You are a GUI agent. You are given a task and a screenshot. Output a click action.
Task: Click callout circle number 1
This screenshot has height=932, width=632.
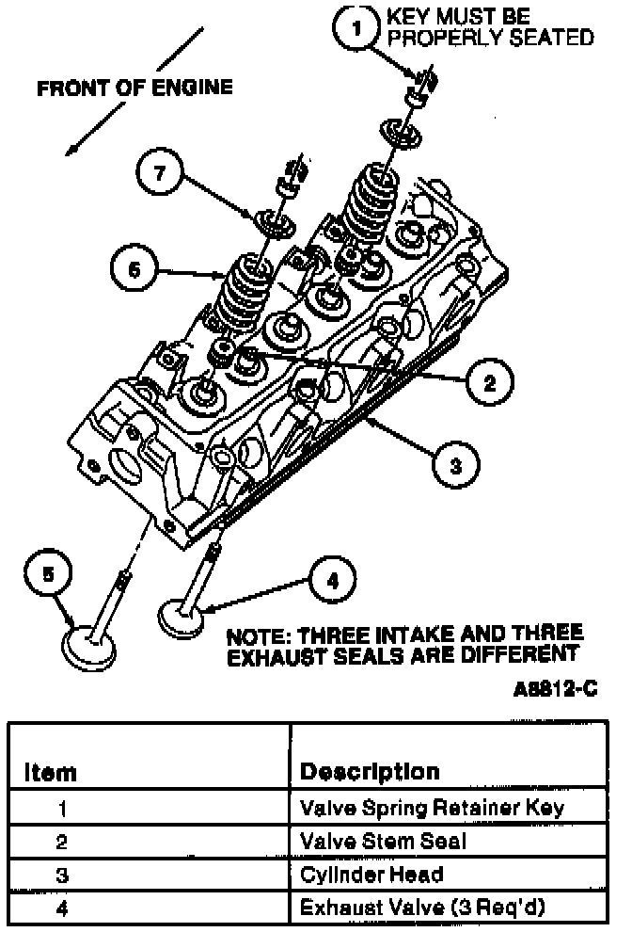355,29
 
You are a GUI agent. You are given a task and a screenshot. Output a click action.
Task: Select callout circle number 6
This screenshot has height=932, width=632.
135,269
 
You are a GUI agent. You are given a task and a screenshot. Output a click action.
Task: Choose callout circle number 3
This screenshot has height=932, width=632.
454,464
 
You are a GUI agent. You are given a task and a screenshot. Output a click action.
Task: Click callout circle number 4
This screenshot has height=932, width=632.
330,581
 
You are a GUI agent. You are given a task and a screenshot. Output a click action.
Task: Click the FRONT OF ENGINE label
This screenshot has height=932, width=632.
134,88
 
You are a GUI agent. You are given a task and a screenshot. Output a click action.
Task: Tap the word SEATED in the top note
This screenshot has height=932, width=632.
547,38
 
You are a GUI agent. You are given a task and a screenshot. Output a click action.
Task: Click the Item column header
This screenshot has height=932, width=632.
52,772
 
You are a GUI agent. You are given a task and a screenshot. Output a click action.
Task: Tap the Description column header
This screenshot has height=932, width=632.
370,772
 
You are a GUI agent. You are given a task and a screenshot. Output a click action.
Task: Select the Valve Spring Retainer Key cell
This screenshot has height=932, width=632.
432,808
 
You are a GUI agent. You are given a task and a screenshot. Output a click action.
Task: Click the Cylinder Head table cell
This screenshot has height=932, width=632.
371,875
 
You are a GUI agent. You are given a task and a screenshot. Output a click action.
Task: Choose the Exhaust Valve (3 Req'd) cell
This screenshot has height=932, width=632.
422,908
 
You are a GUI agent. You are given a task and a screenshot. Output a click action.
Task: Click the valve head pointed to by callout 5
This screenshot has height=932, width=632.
90,647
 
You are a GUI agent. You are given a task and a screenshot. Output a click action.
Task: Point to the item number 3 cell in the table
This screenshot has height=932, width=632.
63,875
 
